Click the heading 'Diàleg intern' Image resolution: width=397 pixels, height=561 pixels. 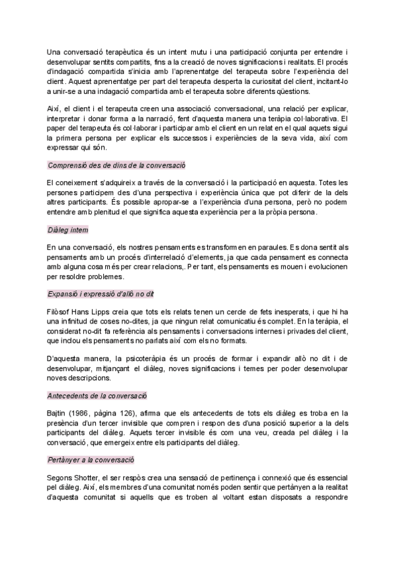pyautogui.click(x=68, y=230)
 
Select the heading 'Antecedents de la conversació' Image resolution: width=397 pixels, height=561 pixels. pyautogui.click(x=97, y=396)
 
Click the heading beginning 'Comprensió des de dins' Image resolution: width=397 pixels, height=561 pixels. pyautogui.click(x=116, y=164)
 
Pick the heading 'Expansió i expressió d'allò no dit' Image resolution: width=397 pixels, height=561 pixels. pyautogui.click(x=101, y=293)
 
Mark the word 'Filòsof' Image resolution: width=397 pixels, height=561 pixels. pyautogui.click(x=59, y=310)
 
